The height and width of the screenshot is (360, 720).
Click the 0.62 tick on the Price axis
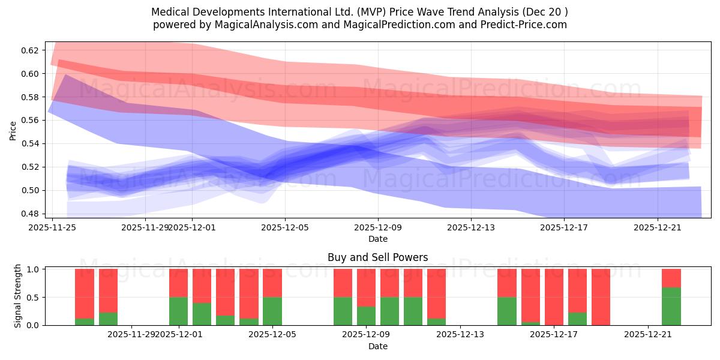[29, 50]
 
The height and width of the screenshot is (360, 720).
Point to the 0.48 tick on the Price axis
[29, 214]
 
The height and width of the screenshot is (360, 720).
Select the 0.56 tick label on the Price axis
[29, 121]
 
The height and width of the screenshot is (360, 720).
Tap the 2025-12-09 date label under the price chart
[378, 227]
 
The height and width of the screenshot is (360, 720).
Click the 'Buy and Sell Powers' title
[377, 257]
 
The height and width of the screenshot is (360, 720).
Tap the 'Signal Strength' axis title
[18, 296]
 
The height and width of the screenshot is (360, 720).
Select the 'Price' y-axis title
[13, 130]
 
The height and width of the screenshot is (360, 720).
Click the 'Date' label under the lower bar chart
[377, 346]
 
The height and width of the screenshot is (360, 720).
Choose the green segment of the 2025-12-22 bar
[671, 306]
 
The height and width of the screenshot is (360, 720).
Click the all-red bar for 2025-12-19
[601, 297]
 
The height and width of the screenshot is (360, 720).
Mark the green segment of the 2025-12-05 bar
[272, 311]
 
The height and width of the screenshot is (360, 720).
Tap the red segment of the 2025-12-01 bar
[179, 283]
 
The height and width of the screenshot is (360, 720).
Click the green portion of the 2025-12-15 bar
[507, 311]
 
